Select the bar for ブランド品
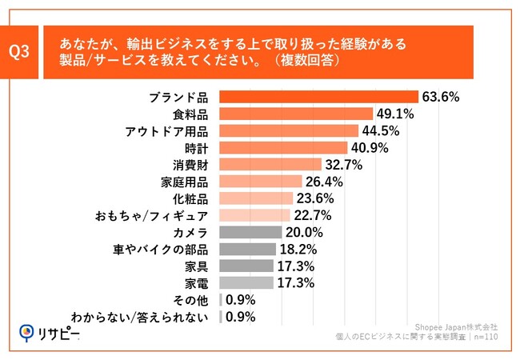[x=318, y=98]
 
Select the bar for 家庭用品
[x=260, y=182]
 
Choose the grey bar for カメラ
[x=250, y=232]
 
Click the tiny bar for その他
[x=220, y=299]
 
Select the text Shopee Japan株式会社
[x=456, y=327]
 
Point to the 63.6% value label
[x=441, y=98]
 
